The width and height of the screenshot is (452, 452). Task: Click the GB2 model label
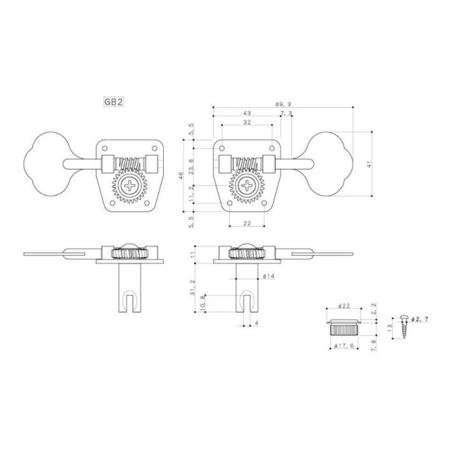click(113, 102)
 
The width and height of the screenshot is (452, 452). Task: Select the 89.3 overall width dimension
click(283, 104)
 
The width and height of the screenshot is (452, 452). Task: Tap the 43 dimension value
click(247, 113)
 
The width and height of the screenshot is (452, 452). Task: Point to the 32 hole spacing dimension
click(247, 122)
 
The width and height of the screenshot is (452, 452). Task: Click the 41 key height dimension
click(370, 164)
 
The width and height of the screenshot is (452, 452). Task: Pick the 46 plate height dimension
click(181, 176)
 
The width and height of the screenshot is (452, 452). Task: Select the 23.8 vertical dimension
click(191, 167)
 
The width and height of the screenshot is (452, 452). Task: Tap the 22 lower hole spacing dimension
click(247, 223)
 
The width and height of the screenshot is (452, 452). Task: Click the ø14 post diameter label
click(269, 276)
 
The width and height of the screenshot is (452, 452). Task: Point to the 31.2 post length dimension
click(193, 288)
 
